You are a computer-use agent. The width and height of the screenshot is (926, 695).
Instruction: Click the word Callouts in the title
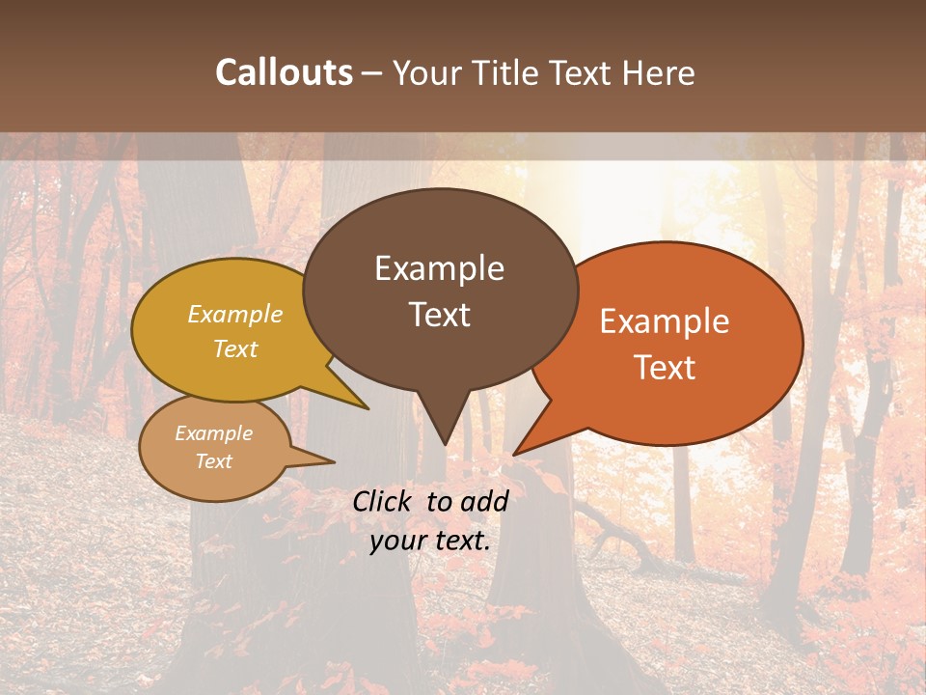284,72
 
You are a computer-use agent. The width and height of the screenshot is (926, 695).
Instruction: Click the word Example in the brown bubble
439,268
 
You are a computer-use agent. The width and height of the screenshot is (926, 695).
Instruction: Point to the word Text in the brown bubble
439,315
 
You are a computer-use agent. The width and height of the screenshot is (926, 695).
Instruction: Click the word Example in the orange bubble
665,321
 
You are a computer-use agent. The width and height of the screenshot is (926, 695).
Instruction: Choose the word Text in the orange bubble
665,368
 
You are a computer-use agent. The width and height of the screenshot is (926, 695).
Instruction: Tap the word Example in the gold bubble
235,314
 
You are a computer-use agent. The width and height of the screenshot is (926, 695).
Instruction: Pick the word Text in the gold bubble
235,348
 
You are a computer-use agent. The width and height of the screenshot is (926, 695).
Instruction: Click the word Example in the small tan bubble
213,433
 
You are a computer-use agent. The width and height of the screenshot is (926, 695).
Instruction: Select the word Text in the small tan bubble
213,461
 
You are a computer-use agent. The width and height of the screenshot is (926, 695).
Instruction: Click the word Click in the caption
384,501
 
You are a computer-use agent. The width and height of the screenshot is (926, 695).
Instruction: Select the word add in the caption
486,501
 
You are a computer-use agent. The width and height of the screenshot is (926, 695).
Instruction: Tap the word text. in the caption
461,541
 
